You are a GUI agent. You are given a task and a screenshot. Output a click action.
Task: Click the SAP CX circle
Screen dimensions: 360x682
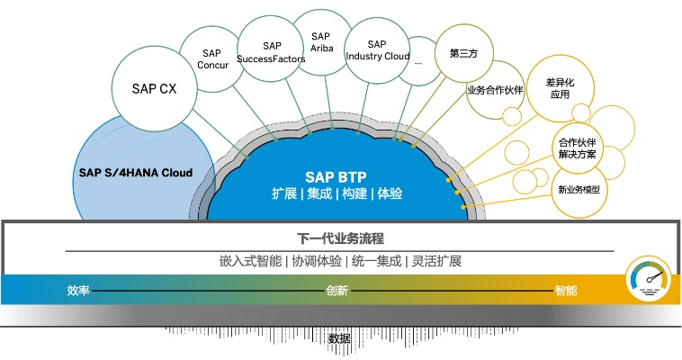pos(155,89)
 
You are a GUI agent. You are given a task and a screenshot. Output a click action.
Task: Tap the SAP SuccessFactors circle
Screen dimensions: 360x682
pos(272,52)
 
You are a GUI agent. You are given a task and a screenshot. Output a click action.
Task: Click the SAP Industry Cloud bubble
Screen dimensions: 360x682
pos(377,50)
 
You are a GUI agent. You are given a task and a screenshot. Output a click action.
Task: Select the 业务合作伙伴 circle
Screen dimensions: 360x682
pos(495,90)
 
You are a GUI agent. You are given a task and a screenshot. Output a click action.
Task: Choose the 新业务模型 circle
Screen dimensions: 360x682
pos(579,190)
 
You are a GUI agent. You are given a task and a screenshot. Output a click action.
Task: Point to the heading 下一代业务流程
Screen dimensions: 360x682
pos(340,238)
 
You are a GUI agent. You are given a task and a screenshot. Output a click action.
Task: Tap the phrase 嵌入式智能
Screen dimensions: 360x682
pos(249,261)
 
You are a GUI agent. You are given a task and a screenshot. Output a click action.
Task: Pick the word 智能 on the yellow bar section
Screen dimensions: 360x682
pos(566,292)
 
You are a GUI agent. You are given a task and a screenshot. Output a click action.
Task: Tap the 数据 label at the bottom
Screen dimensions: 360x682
pos(339,338)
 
